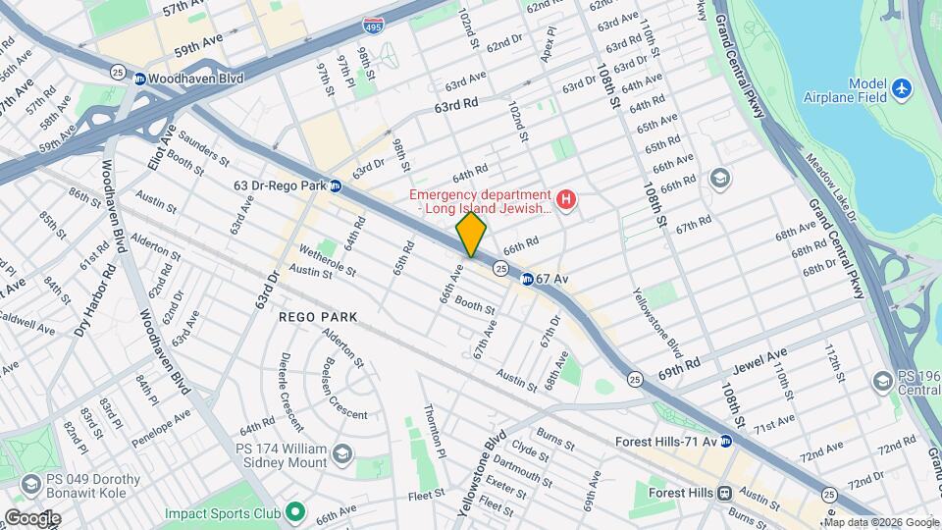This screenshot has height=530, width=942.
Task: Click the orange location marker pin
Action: (x=471, y=235)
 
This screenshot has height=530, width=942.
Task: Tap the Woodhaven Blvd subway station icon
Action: (x=140, y=79)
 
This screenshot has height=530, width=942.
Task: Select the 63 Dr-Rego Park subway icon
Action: (x=335, y=185)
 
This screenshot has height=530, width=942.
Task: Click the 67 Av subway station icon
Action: (x=527, y=279)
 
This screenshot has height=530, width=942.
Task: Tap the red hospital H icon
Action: (x=565, y=200)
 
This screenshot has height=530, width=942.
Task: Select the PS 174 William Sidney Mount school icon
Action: (x=341, y=452)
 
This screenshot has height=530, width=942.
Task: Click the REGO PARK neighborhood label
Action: (x=318, y=317)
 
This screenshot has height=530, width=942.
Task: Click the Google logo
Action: (x=32, y=517)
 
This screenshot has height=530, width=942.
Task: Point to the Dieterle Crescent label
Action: (x=291, y=390)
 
